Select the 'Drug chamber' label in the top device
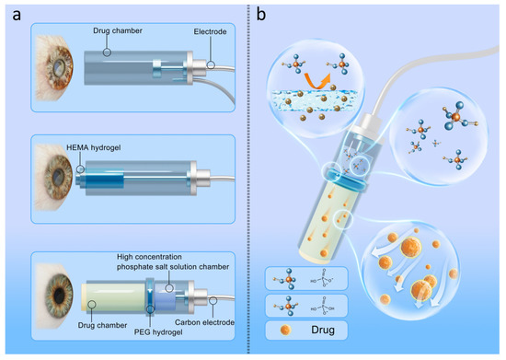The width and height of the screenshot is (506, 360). click(118, 34)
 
